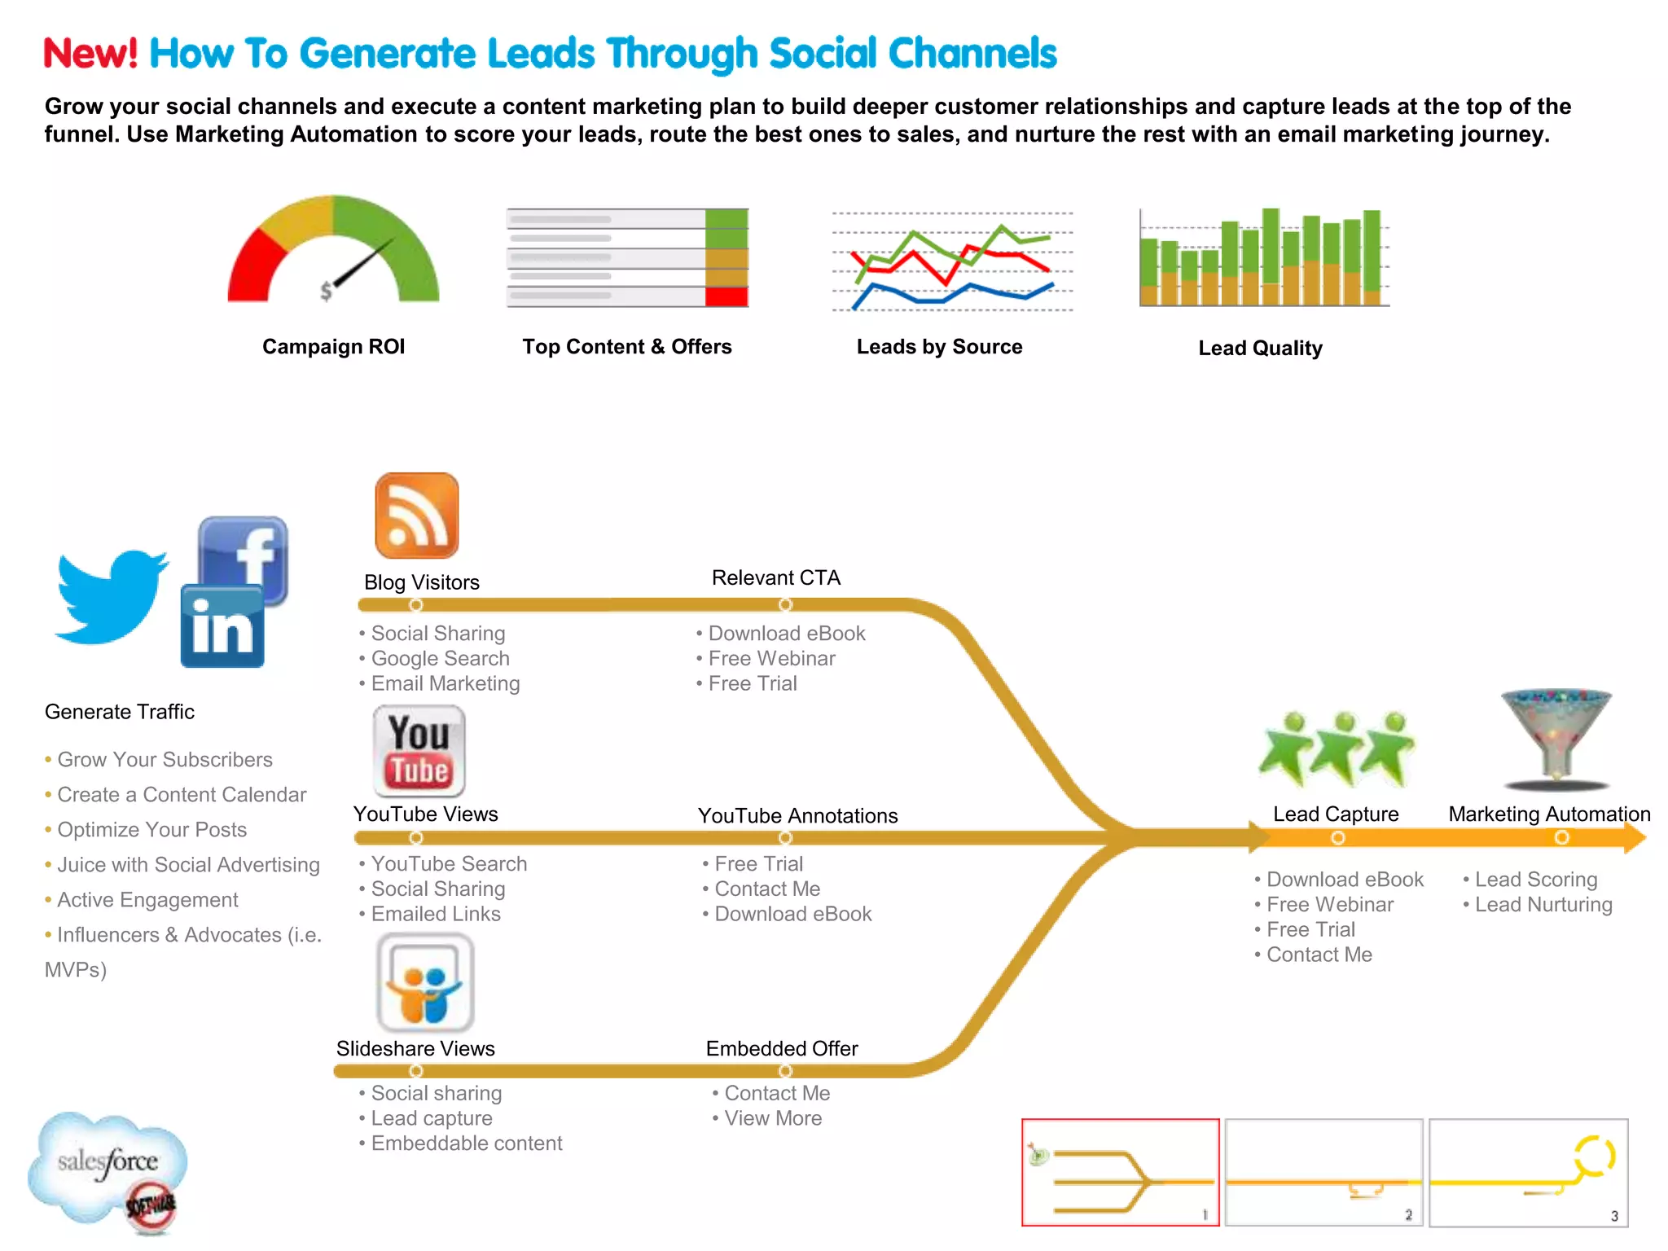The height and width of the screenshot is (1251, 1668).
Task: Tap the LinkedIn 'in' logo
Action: [x=222, y=627]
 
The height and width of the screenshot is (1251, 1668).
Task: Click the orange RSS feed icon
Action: [x=416, y=516]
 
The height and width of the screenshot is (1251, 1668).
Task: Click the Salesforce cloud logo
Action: [x=108, y=1165]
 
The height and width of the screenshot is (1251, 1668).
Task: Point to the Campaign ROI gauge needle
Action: [x=363, y=265]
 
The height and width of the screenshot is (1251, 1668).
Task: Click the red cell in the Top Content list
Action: [x=726, y=296]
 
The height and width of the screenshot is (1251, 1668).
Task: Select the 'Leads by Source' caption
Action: [x=939, y=347]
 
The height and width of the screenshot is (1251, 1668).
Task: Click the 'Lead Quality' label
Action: [x=1260, y=349]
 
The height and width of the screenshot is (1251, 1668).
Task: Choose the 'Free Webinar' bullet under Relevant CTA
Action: [x=770, y=659]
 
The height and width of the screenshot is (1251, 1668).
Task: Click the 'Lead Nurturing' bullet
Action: [x=1543, y=905]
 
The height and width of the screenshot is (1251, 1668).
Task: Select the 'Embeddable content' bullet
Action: [x=466, y=1143]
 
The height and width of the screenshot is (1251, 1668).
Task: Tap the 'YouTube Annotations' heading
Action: [x=797, y=816]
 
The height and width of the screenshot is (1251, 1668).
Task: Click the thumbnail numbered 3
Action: [x=1528, y=1172]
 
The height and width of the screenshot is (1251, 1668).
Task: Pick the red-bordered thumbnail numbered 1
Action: [x=1120, y=1172]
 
